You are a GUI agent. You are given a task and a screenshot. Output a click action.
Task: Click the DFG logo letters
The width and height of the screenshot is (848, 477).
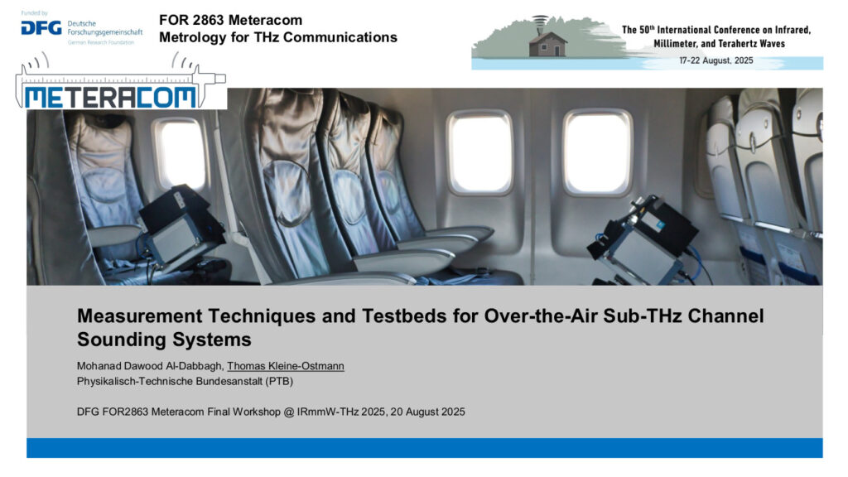click(41, 28)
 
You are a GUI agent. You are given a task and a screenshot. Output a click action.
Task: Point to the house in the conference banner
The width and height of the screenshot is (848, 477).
click(547, 42)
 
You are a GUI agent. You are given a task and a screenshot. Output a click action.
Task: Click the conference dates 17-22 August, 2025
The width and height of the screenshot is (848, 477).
click(716, 60)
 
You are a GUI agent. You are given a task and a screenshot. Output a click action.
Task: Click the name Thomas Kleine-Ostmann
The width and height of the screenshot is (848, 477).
click(286, 366)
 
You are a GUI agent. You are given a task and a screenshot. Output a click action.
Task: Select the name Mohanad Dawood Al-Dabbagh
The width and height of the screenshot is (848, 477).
click(149, 366)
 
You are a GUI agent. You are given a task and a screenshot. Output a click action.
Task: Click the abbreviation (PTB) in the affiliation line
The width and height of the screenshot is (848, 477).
click(279, 381)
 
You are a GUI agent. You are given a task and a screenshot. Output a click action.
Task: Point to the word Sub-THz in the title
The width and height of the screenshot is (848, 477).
click(643, 316)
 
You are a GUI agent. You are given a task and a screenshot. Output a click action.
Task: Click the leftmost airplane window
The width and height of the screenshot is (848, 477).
click(181, 153)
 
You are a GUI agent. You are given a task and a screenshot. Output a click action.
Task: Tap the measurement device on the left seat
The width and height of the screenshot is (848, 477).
click(181, 227)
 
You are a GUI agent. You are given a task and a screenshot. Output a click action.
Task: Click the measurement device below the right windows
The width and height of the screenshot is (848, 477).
click(643, 241)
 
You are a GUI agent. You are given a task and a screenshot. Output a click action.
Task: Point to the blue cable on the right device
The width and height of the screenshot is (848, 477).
click(700, 265)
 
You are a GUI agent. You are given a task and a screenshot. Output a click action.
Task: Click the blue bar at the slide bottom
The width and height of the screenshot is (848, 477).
click(425, 448)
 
